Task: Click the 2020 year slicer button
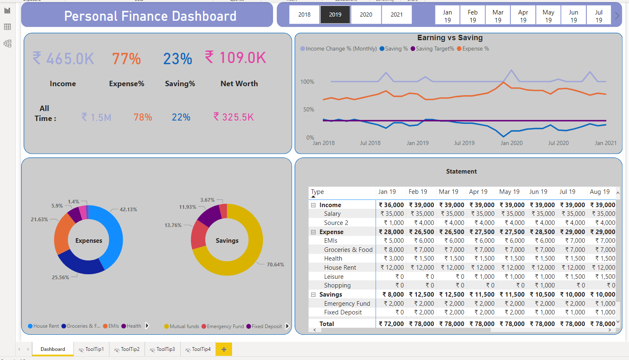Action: (x=366, y=14)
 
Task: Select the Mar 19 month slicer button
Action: (x=498, y=16)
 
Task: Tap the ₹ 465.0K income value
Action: (x=64, y=58)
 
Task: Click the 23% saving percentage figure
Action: (x=177, y=59)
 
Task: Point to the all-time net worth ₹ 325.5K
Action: (x=234, y=117)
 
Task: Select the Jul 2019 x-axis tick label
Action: (x=464, y=143)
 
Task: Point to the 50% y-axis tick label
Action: (x=309, y=109)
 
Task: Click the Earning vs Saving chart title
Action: (x=450, y=38)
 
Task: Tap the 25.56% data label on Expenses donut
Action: (x=60, y=278)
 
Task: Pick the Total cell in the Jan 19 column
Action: (x=391, y=324)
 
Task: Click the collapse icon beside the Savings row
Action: (x=313, y=295)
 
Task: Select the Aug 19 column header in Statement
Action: (x=600, y=192)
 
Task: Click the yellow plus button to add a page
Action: (x=224, y=349)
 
